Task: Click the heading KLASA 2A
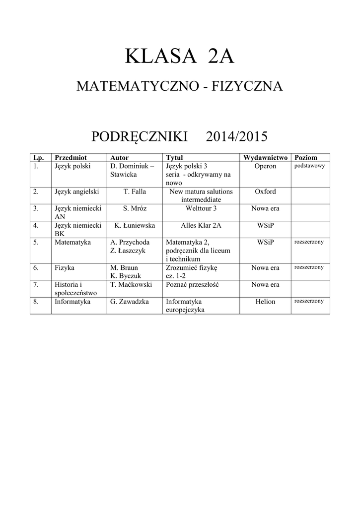click(180, 57)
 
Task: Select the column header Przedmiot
click(71, 157)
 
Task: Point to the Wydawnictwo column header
click(265, 157)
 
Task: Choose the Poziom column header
click(306, 157)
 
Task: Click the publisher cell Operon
click(265, 166)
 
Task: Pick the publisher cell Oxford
click(265, 191)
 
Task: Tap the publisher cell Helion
click(265, 302)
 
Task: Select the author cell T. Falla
click(135, 191)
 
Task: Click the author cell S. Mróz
click(135, 208)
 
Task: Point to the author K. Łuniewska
click(135, 225)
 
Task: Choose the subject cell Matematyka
click(72, 242)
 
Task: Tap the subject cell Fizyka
click(65, 268)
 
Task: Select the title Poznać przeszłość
click(193, 285)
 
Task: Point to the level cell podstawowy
click(309, 166)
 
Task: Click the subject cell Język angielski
click(77, 191)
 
